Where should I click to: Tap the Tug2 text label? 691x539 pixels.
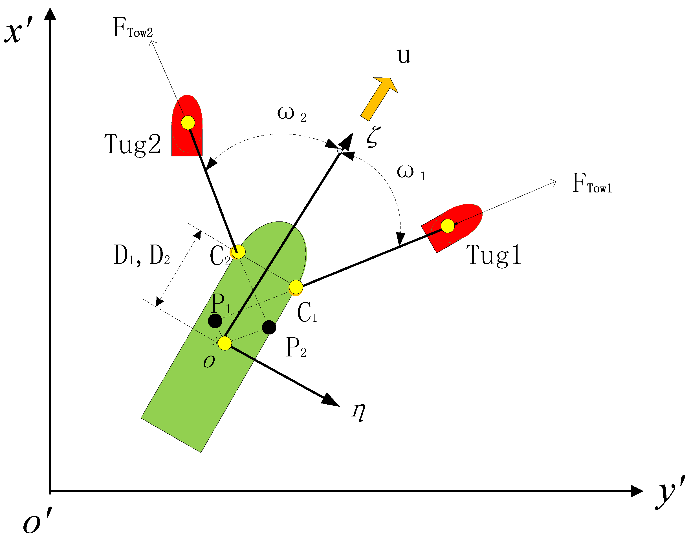pyautogui.click(x=133, y=145)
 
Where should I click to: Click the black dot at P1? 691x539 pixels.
pyautogui.click(x=215, y=321)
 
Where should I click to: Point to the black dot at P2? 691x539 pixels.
pyautogui.click(x=269, y=327)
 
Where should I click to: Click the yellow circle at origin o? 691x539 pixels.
pyautogui.click(x=225, y=343)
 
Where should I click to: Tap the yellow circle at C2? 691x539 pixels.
pyautogui.click(x=238, y=252)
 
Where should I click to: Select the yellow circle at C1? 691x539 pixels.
pyautogui.click(x=296, y=287)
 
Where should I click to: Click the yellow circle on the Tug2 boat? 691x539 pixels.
pyautogui.click(x=188, y=123)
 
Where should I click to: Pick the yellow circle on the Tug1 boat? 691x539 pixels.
pyautogui.click(x=448, y=226)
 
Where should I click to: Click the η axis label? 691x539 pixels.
pyautogui.click(x=359, y=412)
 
